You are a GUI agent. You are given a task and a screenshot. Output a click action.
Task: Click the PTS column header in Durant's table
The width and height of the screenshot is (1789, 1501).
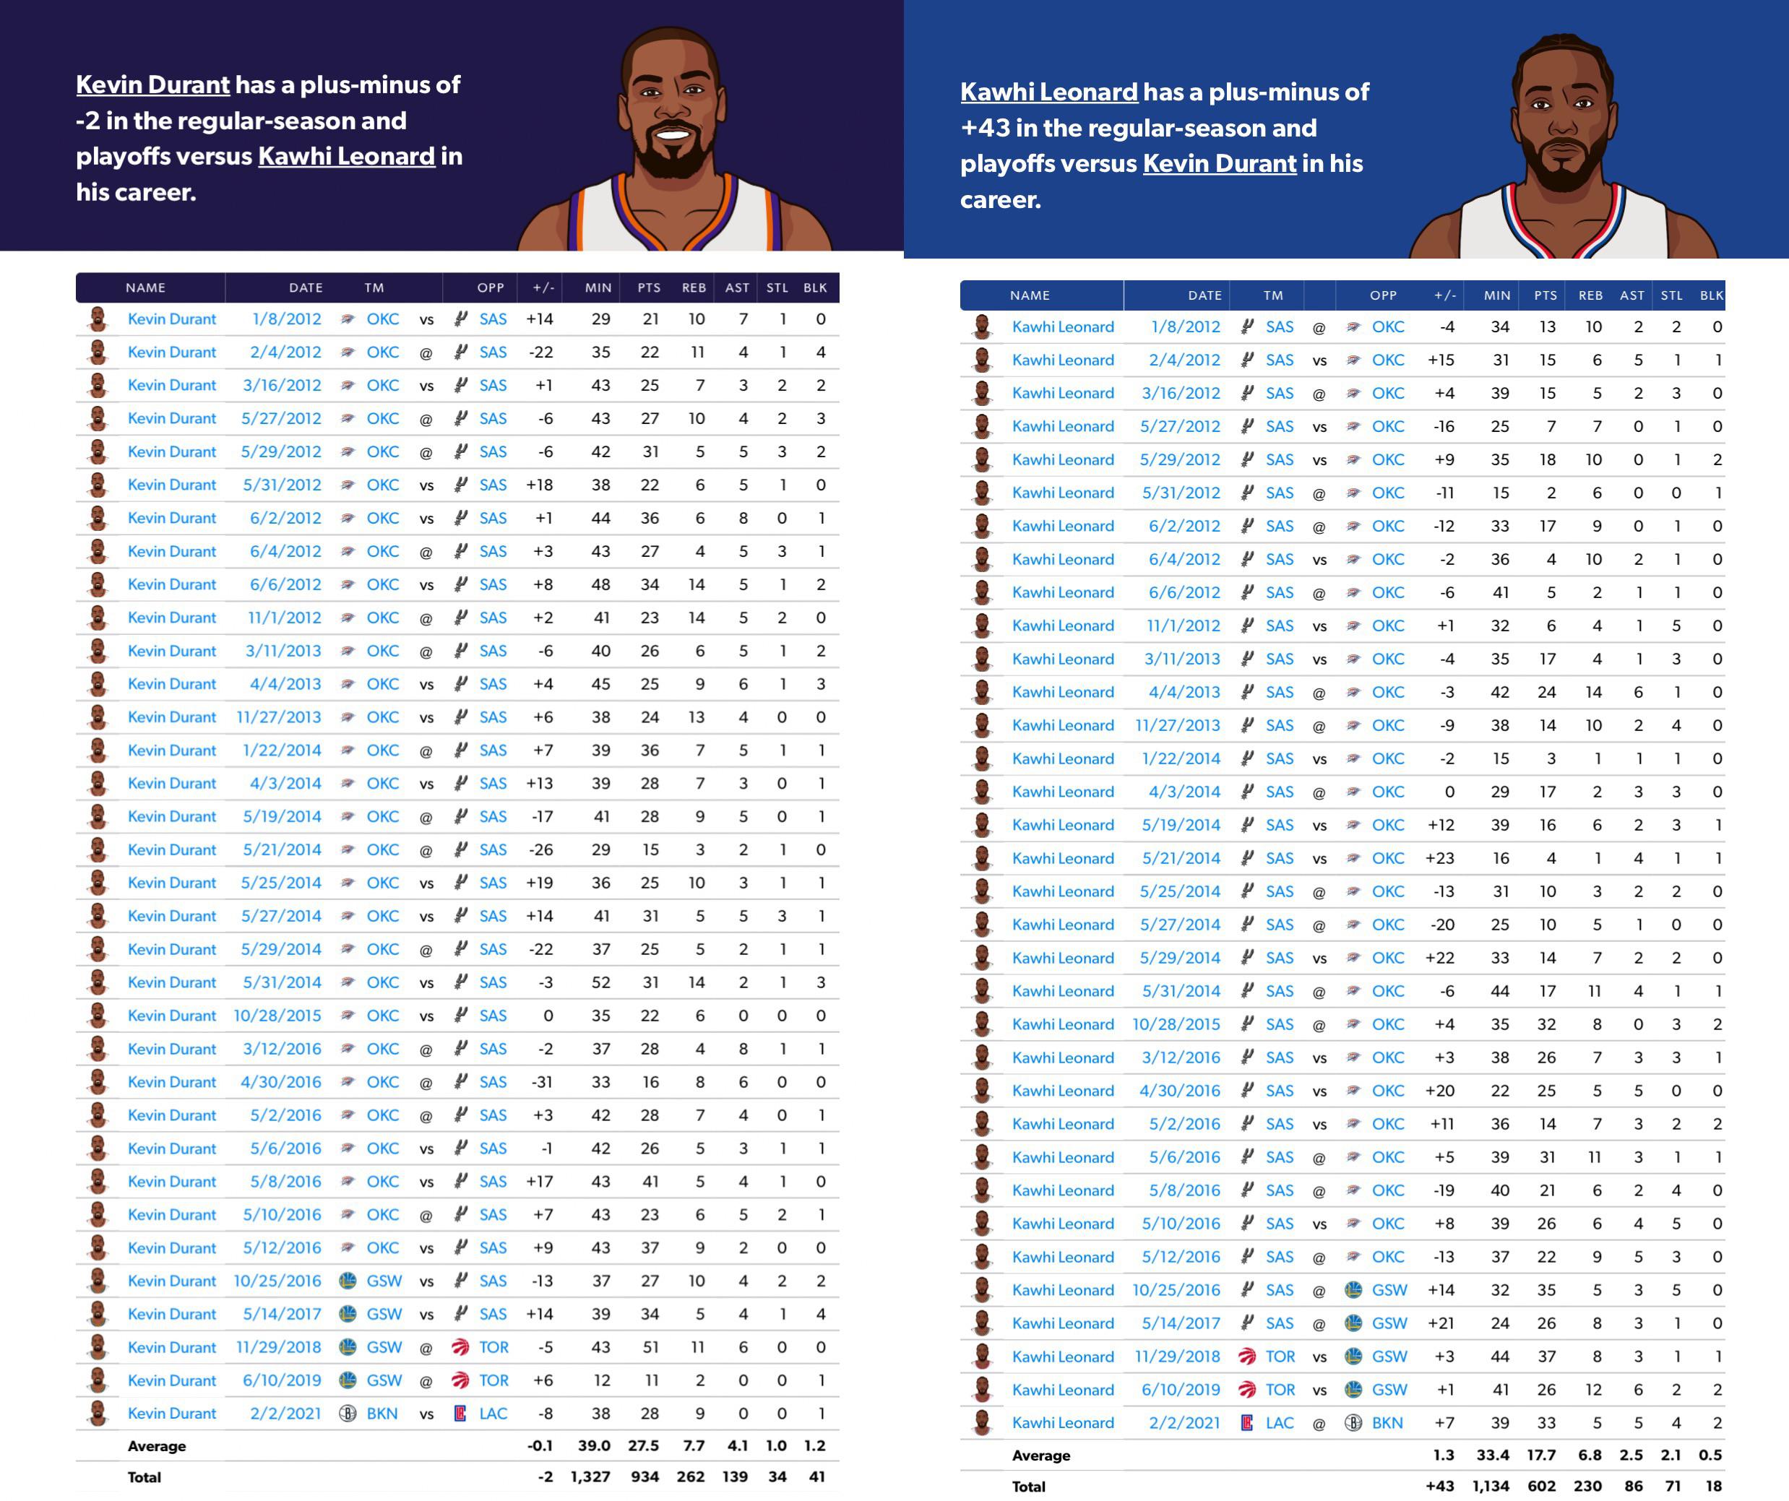[648, 288]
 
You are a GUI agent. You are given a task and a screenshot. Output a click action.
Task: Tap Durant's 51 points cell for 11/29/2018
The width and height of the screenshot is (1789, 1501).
[650, 1347]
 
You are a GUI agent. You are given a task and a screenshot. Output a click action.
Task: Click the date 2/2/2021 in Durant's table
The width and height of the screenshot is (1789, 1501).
[285, 1414]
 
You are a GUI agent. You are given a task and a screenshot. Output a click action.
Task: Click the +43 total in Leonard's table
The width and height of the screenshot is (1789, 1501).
[1440, 1486]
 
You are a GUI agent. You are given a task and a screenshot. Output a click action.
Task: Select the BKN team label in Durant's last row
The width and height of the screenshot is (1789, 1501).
[381, 1414]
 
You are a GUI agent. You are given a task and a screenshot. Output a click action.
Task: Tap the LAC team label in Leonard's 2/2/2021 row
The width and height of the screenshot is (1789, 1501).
[1279, 1423]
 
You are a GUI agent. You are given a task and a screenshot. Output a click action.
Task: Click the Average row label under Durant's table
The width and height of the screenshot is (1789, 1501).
[157, 1445]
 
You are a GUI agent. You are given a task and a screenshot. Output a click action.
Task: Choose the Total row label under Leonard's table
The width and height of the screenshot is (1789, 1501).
[1028, 1487]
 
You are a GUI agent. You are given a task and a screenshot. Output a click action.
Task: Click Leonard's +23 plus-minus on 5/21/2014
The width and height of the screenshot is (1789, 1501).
[1440, 858]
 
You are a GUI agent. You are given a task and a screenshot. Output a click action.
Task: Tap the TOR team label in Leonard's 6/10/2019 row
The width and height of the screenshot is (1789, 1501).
[1280, 1390]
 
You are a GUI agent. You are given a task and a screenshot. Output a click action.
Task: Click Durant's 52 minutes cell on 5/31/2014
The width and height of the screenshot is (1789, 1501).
[600, 982]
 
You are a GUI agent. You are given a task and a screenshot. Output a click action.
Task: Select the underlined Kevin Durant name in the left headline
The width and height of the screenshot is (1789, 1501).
[152, 85]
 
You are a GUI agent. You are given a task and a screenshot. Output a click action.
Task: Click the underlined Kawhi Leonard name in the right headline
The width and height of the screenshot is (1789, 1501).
[1048, 92]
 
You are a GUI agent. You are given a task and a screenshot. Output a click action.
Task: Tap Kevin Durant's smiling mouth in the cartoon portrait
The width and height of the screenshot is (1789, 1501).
[673, 134]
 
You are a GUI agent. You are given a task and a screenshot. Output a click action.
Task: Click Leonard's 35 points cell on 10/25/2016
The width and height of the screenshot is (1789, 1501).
[1546, 1290]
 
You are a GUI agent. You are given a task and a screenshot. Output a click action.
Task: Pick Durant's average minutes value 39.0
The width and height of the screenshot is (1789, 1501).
[594, 1445]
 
